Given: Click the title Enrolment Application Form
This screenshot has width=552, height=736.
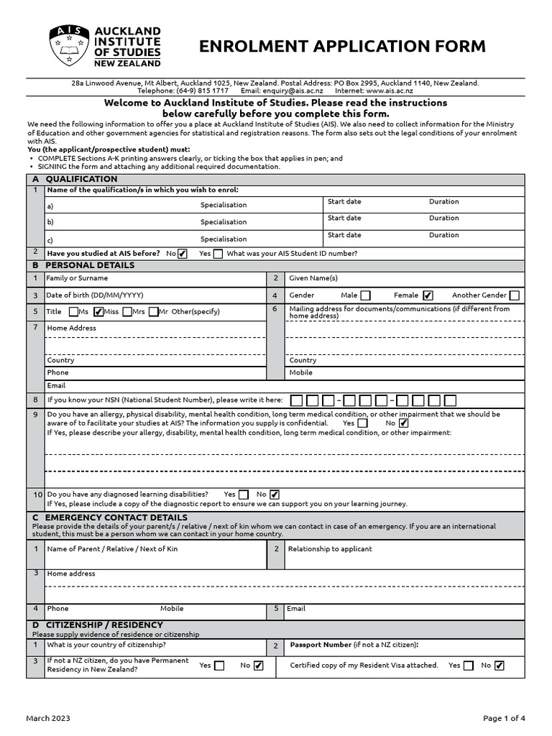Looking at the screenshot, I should coord(342,47).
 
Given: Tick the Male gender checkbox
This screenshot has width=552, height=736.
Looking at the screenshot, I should coord(365,295).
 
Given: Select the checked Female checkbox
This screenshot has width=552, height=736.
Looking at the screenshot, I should coord(428,295).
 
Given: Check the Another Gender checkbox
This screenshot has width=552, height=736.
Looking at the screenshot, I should coord(514,295).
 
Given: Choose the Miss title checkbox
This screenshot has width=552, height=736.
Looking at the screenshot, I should coord(98,312).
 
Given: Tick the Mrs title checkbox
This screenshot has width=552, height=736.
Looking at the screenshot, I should coord(127,312).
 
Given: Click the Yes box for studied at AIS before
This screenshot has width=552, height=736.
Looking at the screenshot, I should coord(218,254).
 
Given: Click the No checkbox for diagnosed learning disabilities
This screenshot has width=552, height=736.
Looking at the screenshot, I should coord(275,494).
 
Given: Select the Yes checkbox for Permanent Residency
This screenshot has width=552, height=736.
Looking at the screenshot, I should coord(219,666).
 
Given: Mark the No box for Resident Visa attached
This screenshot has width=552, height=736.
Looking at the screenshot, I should coord(500,666).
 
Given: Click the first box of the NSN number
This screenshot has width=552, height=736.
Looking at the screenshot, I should coord(295,400).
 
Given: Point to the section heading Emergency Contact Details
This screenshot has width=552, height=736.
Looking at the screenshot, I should coord(116,517).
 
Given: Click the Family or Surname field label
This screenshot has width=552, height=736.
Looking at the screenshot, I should coord(77,278).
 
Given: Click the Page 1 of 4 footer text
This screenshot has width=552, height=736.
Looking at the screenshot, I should coord(504,718).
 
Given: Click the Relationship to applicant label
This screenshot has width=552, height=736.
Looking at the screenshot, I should coord(330,549).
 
